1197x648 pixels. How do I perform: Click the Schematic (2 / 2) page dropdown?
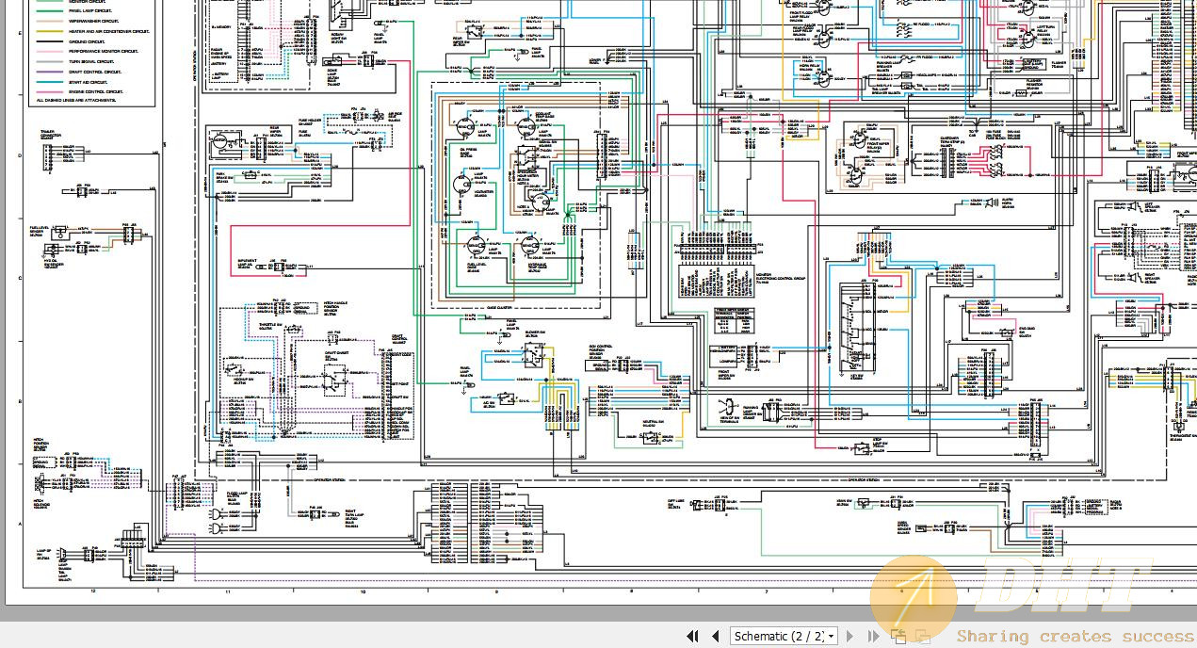pyautogui.click(x=785, y=636)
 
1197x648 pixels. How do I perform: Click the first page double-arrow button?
pyautogui.click(x=693, y=636)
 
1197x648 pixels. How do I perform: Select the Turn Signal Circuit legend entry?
pyautogui.click(x=94, y=61)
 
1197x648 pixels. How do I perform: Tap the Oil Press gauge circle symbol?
pyautogui.click(x=463, y=127)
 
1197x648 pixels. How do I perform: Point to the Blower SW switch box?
pyautogui.click(x=534, y=355)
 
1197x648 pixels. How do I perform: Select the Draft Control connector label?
pyautogui.click(x=397, y=338)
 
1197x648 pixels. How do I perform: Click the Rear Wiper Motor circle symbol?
pyautogui.click(x=221, y=142)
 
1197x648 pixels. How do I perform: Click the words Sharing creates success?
pyautogui.click(x=1074, y=637)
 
